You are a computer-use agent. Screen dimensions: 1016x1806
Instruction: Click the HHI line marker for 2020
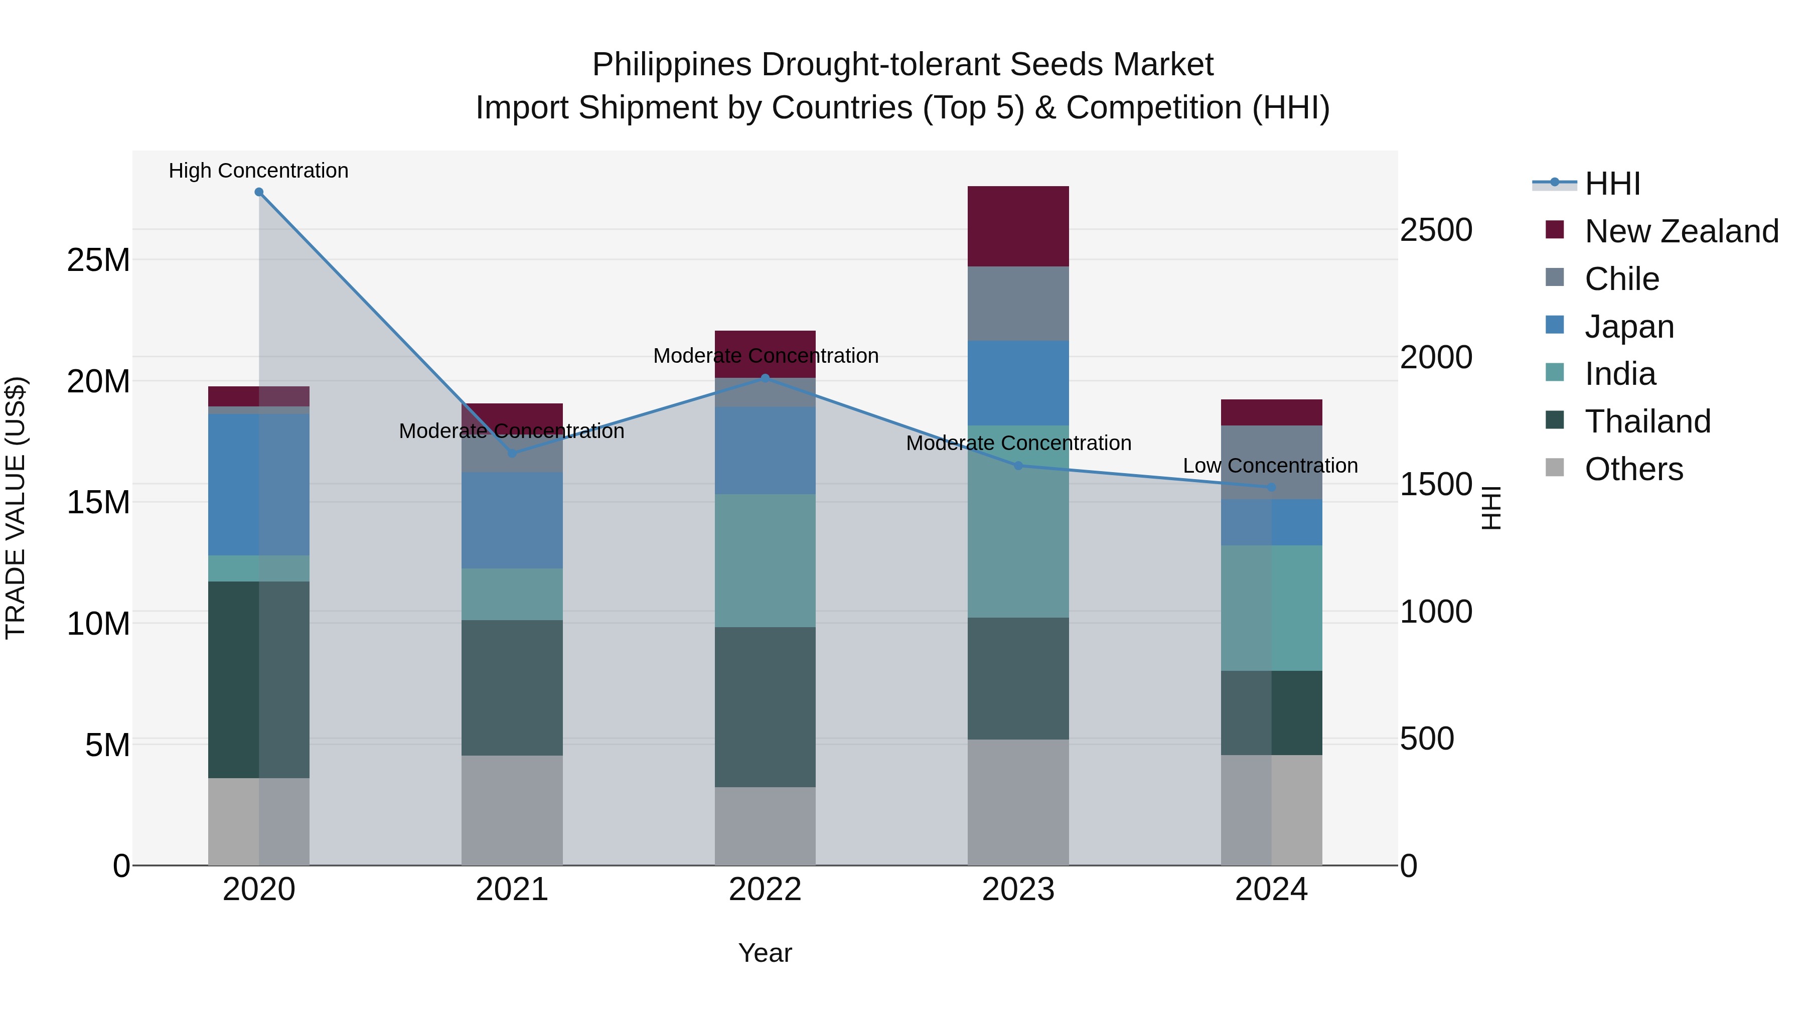click(259, 192)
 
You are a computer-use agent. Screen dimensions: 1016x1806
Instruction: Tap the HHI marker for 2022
click(765, 379)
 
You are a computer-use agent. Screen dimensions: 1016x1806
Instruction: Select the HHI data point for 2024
click(1271, 487)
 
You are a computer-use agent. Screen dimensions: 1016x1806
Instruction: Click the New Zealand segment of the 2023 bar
click(1018, 226)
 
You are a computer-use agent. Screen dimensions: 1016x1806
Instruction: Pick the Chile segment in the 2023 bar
click(1018, 304)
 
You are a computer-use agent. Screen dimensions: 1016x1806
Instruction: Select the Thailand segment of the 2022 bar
click(765, 707)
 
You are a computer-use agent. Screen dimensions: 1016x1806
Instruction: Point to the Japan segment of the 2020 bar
click(259, 485)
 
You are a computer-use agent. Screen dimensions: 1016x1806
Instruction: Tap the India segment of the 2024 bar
click(1271, 608)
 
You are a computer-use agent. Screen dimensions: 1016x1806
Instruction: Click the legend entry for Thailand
click(1647, 421)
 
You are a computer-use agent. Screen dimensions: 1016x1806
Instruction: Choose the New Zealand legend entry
click(1681, 231)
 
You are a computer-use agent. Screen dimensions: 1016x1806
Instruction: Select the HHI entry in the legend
click(1612, 184)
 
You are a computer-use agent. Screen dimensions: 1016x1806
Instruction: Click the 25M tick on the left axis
click(98, 260)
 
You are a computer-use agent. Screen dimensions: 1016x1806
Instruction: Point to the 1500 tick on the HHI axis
click(1436, 485)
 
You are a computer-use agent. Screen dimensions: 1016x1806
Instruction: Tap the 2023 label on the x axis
click(1018, 890)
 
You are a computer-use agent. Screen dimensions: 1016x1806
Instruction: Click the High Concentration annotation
click(259, 171)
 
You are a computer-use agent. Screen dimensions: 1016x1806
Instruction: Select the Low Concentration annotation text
click(1270, 466)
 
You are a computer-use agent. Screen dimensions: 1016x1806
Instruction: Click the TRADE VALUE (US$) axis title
click(16, 508)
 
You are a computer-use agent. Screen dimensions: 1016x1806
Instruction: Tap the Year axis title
click(765, 953)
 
